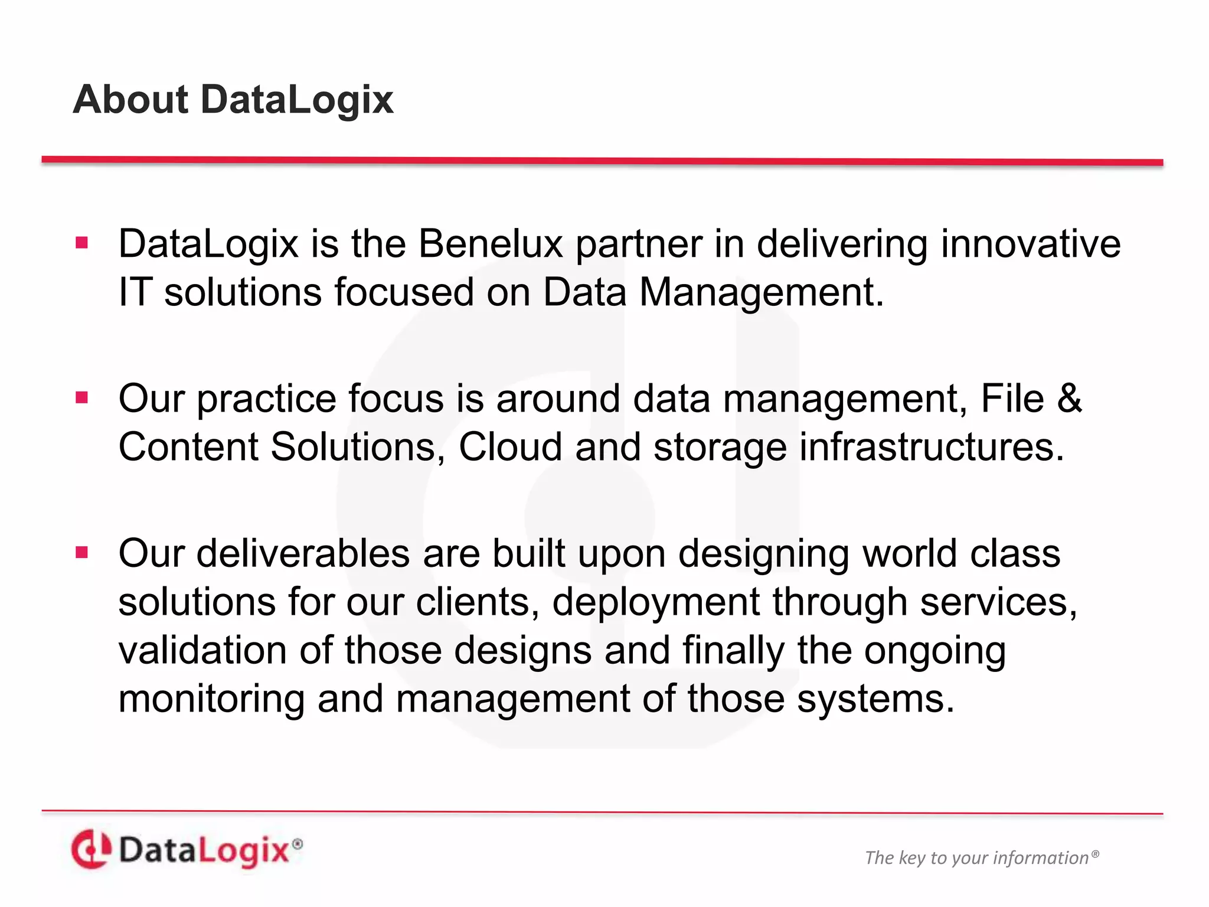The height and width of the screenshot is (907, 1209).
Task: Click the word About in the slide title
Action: pos(130,99)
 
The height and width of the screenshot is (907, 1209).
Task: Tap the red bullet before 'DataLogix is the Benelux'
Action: pos(82,243)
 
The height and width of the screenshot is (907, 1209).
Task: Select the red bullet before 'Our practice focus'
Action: pos(82,397)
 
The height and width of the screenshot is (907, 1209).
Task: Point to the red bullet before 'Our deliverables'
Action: pos(82,553)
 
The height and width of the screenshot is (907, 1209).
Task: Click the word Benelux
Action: pos(490,244)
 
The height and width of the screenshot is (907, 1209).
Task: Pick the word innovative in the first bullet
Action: pos(1030,244)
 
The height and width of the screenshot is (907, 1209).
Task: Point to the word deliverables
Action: pos(303,554)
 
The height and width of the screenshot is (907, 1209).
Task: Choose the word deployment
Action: pos(656,603)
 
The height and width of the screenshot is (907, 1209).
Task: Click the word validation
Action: pos(202,651)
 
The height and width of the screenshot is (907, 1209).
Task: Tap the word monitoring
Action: pos(211,699)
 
